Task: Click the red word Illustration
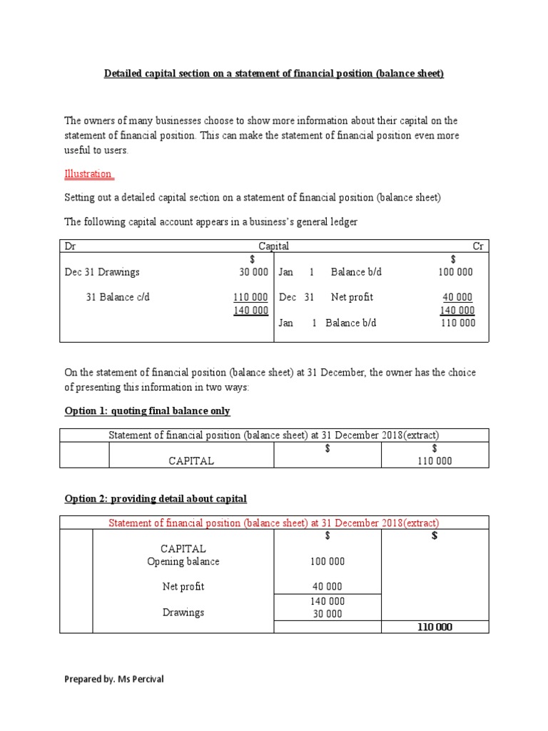pos(88,173)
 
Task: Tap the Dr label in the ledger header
pos(70,246)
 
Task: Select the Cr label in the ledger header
pos(478,246)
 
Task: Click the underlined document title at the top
pos(274,74)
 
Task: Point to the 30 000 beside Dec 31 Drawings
pos(253,272)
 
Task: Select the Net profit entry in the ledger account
pos(352,297)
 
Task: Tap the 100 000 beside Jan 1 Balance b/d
pos(455,272)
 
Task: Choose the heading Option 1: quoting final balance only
pos(147,411)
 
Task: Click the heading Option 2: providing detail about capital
pos(156,498)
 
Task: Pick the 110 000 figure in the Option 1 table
pos(435,461)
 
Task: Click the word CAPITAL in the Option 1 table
pos(191,461)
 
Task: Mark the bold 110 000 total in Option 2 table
pos(435,627)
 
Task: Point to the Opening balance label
pos(183,562)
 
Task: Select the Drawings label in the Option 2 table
pos(183,612)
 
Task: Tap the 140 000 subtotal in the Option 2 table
pos(327,602)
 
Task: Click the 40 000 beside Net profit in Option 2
pos(327,587)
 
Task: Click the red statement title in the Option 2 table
pos(273,523)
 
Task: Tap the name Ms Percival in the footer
pos(141,680)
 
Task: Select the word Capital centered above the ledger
pos(273,246)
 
